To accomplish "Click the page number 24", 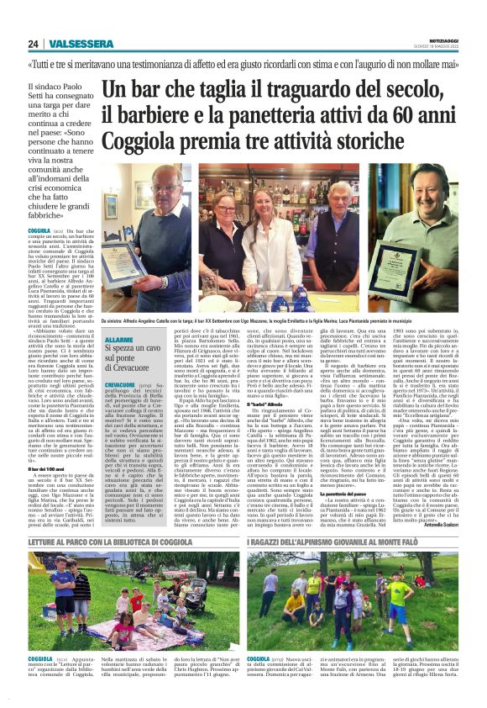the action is coord(33,44).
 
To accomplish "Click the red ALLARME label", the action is coord(118,338).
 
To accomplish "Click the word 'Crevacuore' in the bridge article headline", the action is coord(138,367).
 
